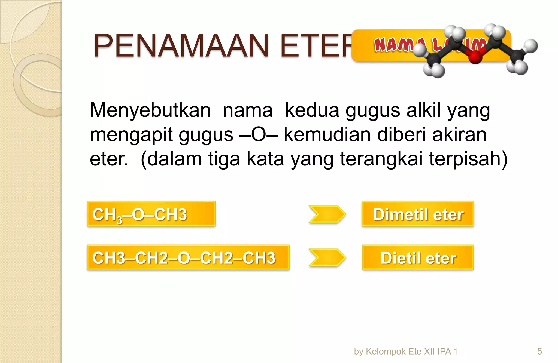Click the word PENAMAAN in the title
(x=181, y=46)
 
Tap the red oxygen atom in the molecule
(x=475, y=57)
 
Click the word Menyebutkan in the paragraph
(x=150, y=110)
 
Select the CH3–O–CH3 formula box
(x=151, y=214)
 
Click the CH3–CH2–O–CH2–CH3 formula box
(x=188, y=257)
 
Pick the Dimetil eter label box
(x=418, y=214)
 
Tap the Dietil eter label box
(x=418, y=257)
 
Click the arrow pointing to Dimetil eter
(x=327, y=214)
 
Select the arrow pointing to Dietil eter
(x=327, y=257)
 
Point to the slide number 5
(x=539, y=351)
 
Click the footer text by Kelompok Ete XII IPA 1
(x=405, y=351)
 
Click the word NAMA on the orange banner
(x=392, y=45)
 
